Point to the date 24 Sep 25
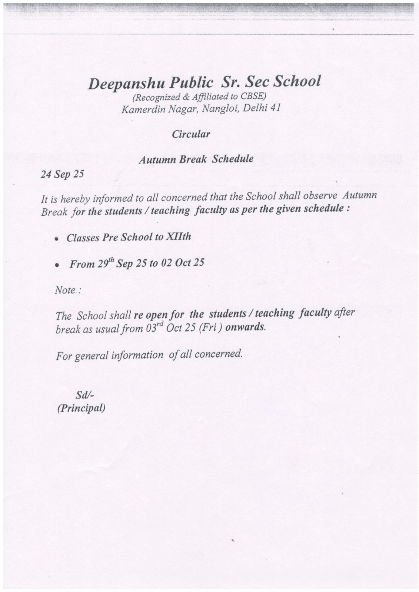pos(62,174)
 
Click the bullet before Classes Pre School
pos(57,239)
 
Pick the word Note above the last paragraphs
pos(65,290)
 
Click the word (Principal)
pos(81,408)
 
